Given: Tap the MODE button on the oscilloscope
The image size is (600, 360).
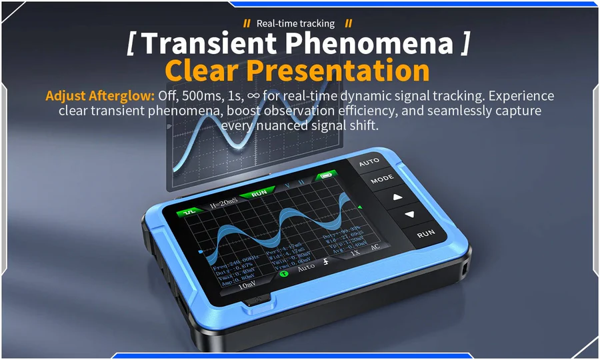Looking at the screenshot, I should coord(382,179).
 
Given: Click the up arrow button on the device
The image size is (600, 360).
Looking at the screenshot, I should coord(398,197).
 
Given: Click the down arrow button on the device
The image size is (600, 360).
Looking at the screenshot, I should coord(409,215).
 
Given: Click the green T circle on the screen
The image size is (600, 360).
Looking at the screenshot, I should coord(284,273).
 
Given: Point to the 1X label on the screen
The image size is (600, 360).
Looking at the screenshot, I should coord(355,253).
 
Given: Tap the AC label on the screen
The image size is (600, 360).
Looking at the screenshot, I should coord(375,247).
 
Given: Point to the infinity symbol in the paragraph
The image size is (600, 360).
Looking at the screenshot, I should coord(253,95).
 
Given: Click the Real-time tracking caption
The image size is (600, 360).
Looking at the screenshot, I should coord(295,23).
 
